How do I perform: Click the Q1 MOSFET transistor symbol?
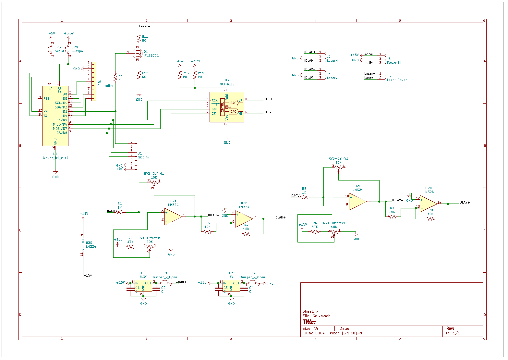tap(138, 54)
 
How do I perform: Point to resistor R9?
tap(115, 77)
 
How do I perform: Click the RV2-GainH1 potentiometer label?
tap(154, 174)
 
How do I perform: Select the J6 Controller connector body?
tap(94, 81)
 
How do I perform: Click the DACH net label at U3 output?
tap(267, 99)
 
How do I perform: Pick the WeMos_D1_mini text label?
tap(55, 158)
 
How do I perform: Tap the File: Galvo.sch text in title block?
tap(316, 316)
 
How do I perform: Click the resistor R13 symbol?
tap(180, 75)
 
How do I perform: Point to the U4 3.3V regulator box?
tap(143, 286)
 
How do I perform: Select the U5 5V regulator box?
tap(231, 286)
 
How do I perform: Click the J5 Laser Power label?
tap(396, 80)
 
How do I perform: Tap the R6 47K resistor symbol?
tap(315, 231)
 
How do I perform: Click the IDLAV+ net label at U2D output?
tap(464, 203)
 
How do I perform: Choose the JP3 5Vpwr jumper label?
tap(59, 51)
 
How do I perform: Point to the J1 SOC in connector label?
tap(143, 157)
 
